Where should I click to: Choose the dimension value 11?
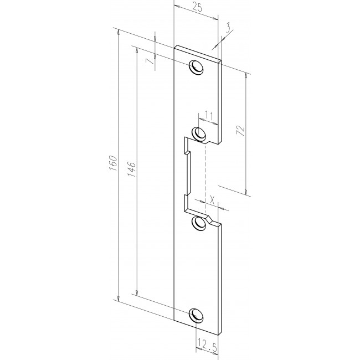[209, 114]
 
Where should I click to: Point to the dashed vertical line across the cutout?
[205, 177]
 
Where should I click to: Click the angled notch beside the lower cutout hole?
[211, 220]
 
